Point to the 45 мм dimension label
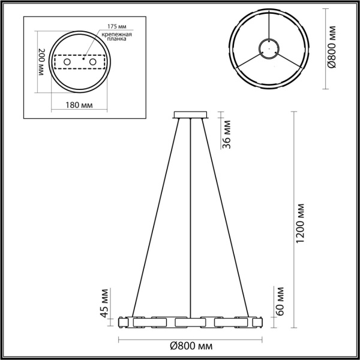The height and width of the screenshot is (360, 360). click(103, 305)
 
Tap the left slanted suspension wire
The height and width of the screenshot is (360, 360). click(154, 216)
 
